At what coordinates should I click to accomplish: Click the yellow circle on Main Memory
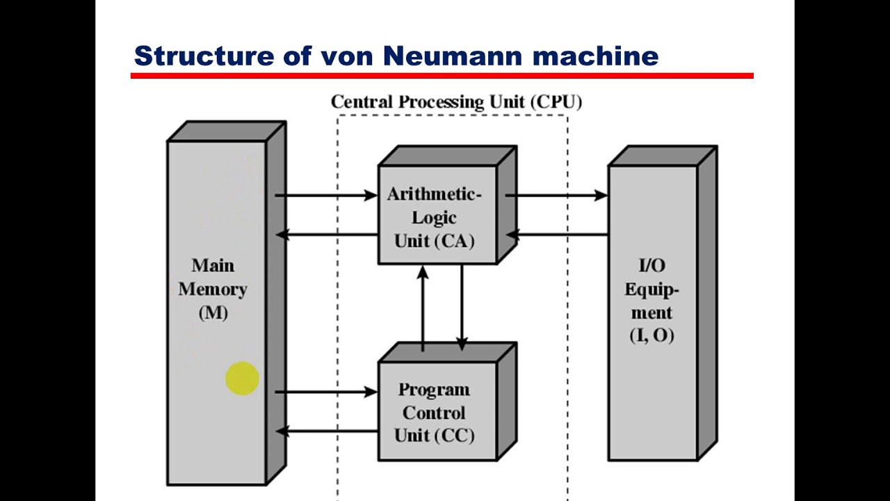pos(242,379)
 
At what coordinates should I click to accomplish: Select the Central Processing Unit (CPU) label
pos(456,102)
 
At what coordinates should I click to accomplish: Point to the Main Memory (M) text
pos(213,288)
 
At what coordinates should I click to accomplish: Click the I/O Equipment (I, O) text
pos(652,300)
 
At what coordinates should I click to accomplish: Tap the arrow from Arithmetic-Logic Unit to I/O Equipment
pos(556,196)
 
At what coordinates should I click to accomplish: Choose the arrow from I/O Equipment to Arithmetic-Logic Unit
pos(556,235)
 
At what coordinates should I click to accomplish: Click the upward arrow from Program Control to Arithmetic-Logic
pos(423,306)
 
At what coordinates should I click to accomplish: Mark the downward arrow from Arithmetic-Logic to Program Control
pos(462,306)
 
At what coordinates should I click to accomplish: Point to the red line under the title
pos(442,75)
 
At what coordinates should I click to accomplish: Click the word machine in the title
pos(595,56)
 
